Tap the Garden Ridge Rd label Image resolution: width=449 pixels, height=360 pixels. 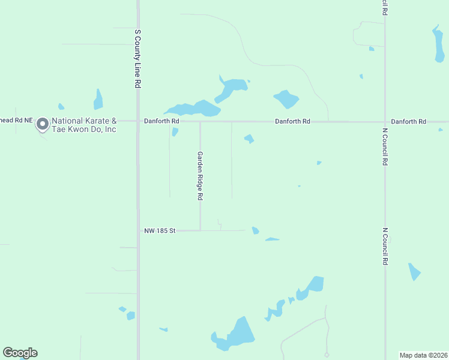200,175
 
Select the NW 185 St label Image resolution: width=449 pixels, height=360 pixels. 159,230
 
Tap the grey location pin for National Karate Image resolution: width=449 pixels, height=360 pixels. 42,124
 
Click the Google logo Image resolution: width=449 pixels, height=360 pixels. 20,353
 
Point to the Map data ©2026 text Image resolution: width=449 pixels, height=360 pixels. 424,355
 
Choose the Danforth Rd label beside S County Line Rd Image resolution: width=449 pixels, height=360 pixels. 161,121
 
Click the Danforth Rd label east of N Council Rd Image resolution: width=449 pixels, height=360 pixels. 408,121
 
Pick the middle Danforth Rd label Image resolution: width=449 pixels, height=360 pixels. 292,121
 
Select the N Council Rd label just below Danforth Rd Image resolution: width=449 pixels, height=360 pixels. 385,146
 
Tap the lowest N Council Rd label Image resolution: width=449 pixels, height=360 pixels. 385,246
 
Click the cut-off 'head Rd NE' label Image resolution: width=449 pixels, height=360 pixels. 16,121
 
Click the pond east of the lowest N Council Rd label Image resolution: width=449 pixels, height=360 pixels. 414,271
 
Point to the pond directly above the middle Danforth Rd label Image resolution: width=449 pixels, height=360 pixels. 286,98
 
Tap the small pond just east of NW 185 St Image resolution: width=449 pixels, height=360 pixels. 256,230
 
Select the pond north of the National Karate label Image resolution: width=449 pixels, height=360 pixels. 98,100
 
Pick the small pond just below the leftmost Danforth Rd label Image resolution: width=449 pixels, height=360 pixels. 175,131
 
